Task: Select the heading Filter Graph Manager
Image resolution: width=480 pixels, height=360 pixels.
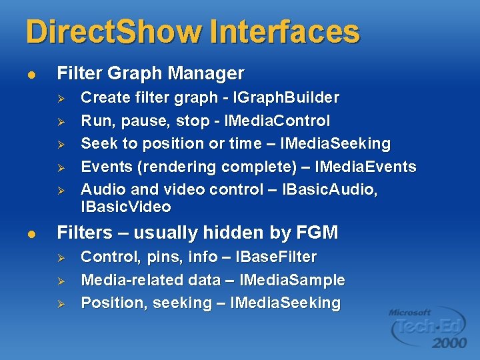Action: pyautogui.click(x=151, y=73)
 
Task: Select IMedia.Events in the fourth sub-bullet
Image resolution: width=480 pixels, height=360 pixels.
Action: pyautogui.click(x=367, y=167)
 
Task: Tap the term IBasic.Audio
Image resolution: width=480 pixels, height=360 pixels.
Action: pyautogui.click(x=330, y=189)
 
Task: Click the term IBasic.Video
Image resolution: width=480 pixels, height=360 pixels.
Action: pyautogui.click(x=126, y=207)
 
